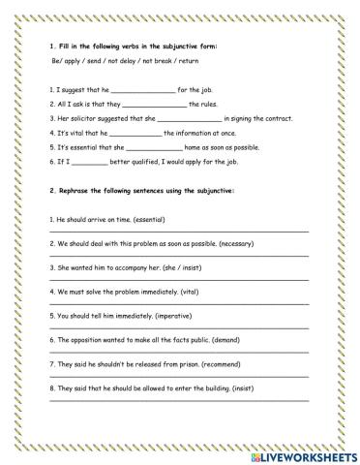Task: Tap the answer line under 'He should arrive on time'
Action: click(179, 232)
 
